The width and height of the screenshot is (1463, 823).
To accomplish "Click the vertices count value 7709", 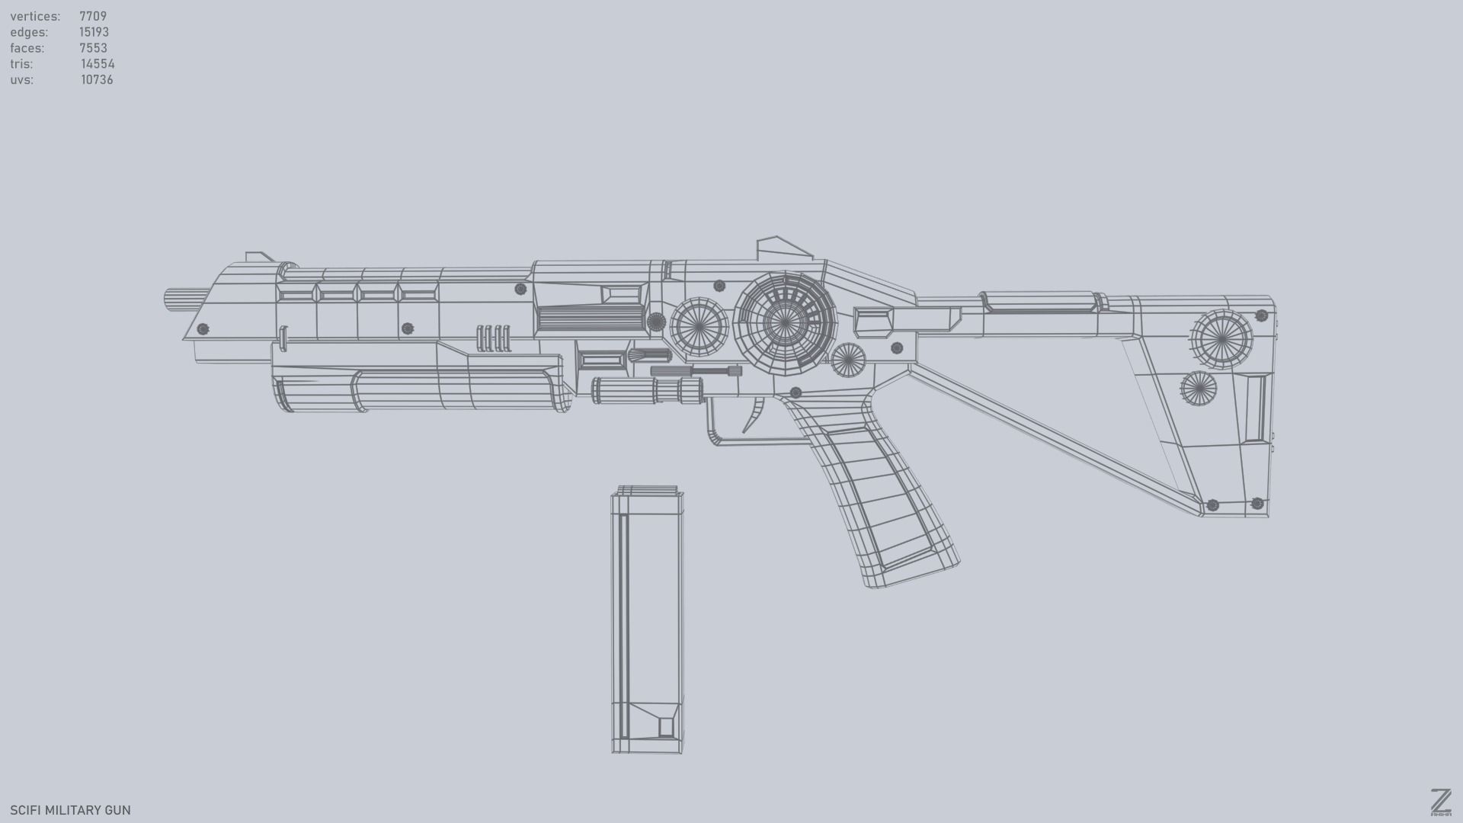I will pos(92,16).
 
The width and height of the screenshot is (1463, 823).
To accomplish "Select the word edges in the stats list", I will pos(29,32).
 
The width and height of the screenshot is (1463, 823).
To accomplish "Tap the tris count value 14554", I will pos(98,64).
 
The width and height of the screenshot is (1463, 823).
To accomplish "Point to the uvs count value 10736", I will pos(97,80).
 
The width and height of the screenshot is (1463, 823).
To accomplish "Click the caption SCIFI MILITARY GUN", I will pos(70,810).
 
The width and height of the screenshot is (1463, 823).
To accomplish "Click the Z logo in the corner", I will pos(1440,802).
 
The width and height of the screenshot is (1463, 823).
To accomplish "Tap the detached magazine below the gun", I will pos(647,621).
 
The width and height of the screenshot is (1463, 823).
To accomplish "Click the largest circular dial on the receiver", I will pos(785,323).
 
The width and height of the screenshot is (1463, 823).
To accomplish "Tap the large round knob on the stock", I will pos(1221,339).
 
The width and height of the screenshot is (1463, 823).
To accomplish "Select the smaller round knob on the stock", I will pos(1198,389).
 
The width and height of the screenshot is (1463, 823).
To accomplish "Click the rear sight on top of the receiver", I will pos(782,248).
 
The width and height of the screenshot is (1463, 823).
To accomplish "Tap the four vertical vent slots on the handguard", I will pos(493,338).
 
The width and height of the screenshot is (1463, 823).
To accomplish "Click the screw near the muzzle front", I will pos(203,329).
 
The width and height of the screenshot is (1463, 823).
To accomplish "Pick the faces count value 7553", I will pos(93,48).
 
